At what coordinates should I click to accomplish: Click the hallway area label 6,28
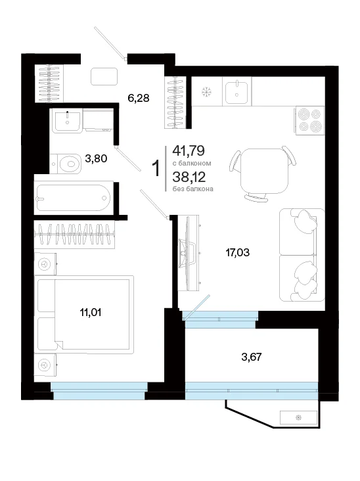tap(139, 98)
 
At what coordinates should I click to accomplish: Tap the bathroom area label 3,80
tap(96, 158)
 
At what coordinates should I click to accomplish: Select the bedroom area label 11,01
tap(91, 313)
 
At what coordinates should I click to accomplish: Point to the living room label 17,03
tap(238, 253)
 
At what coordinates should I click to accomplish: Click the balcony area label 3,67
tap(252, 357)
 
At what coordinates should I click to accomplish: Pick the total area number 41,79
tap(189, 150)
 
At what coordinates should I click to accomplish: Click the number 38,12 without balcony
tap(189, 177)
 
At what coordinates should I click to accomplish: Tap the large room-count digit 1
tap(156, 168)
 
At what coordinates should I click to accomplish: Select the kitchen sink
tap(236, 91)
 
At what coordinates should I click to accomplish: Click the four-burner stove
tap(309, 120)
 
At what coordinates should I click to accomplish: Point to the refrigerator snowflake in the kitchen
tap(206, 92)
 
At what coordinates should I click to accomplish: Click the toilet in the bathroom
tap(66, 164)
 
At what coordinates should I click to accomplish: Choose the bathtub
tap(74, 198)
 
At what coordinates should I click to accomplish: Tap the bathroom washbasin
tap(68, 120)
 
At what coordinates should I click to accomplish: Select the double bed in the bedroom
tap(85, 314)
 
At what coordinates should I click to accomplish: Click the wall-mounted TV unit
tap(189, 252)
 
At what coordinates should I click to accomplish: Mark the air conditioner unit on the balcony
tap(298, 417)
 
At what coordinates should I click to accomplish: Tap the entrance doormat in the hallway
tap(104, 76)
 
